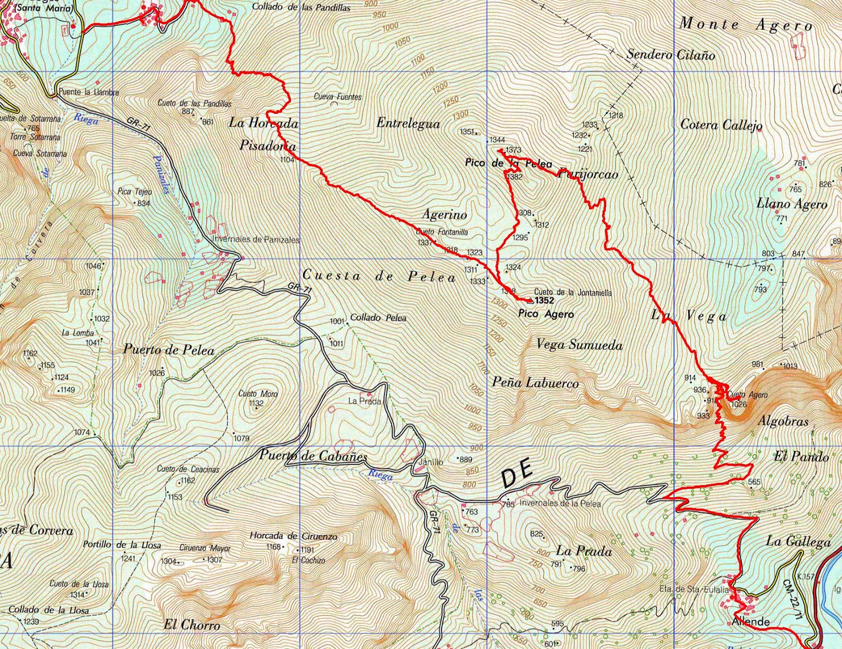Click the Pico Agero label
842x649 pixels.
(546, 314)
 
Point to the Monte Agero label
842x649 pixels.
(746, 25)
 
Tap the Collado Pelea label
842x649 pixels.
(378, 318)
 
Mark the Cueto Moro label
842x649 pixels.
(258, 394)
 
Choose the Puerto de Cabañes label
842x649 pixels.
(313, 456)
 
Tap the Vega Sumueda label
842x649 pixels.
(579, 345)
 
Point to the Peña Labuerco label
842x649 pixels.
(535, 383)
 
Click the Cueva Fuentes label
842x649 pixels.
(337, 97)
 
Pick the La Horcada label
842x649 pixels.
(264, 124)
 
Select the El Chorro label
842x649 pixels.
(191, 625)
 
